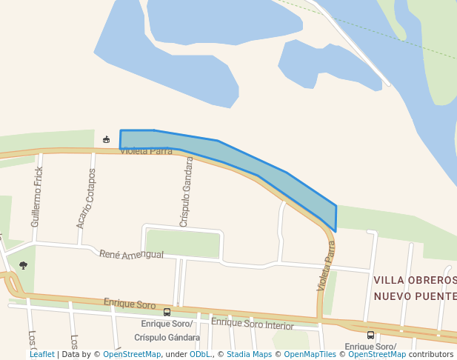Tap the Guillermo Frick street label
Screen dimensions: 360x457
coord(36,196)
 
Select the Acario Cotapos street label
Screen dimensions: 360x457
coord(85,198)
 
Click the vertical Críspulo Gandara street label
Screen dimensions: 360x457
coord(186,192)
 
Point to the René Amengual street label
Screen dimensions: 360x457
coord(131,254)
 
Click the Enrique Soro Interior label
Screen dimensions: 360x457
coord(253,324)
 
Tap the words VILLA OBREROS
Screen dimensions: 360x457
coord(415,280)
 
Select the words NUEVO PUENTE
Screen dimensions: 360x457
coord(415,296)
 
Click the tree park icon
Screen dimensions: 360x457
coord(23,265)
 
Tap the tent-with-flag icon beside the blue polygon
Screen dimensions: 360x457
coord(107,139)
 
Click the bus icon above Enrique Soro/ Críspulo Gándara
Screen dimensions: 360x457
coord(167,312)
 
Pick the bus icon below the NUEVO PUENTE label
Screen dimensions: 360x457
coord(370,335)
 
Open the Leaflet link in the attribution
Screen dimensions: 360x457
coord(42,355)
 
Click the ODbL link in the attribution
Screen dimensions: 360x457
coord(199,355)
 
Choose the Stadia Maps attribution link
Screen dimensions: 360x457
coord(249,355)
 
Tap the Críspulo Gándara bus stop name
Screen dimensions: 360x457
coord(167,338)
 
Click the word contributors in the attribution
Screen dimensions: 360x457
coord(431,355)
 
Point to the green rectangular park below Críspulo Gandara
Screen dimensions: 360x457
coord(183,244)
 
